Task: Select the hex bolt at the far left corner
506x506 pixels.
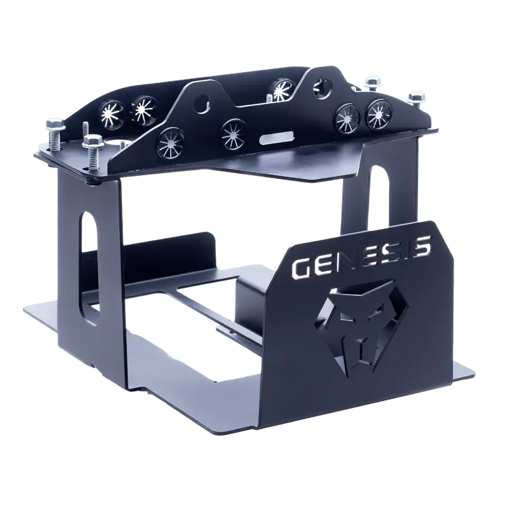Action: point(53,135)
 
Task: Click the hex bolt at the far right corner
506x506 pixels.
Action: point(417,98)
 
